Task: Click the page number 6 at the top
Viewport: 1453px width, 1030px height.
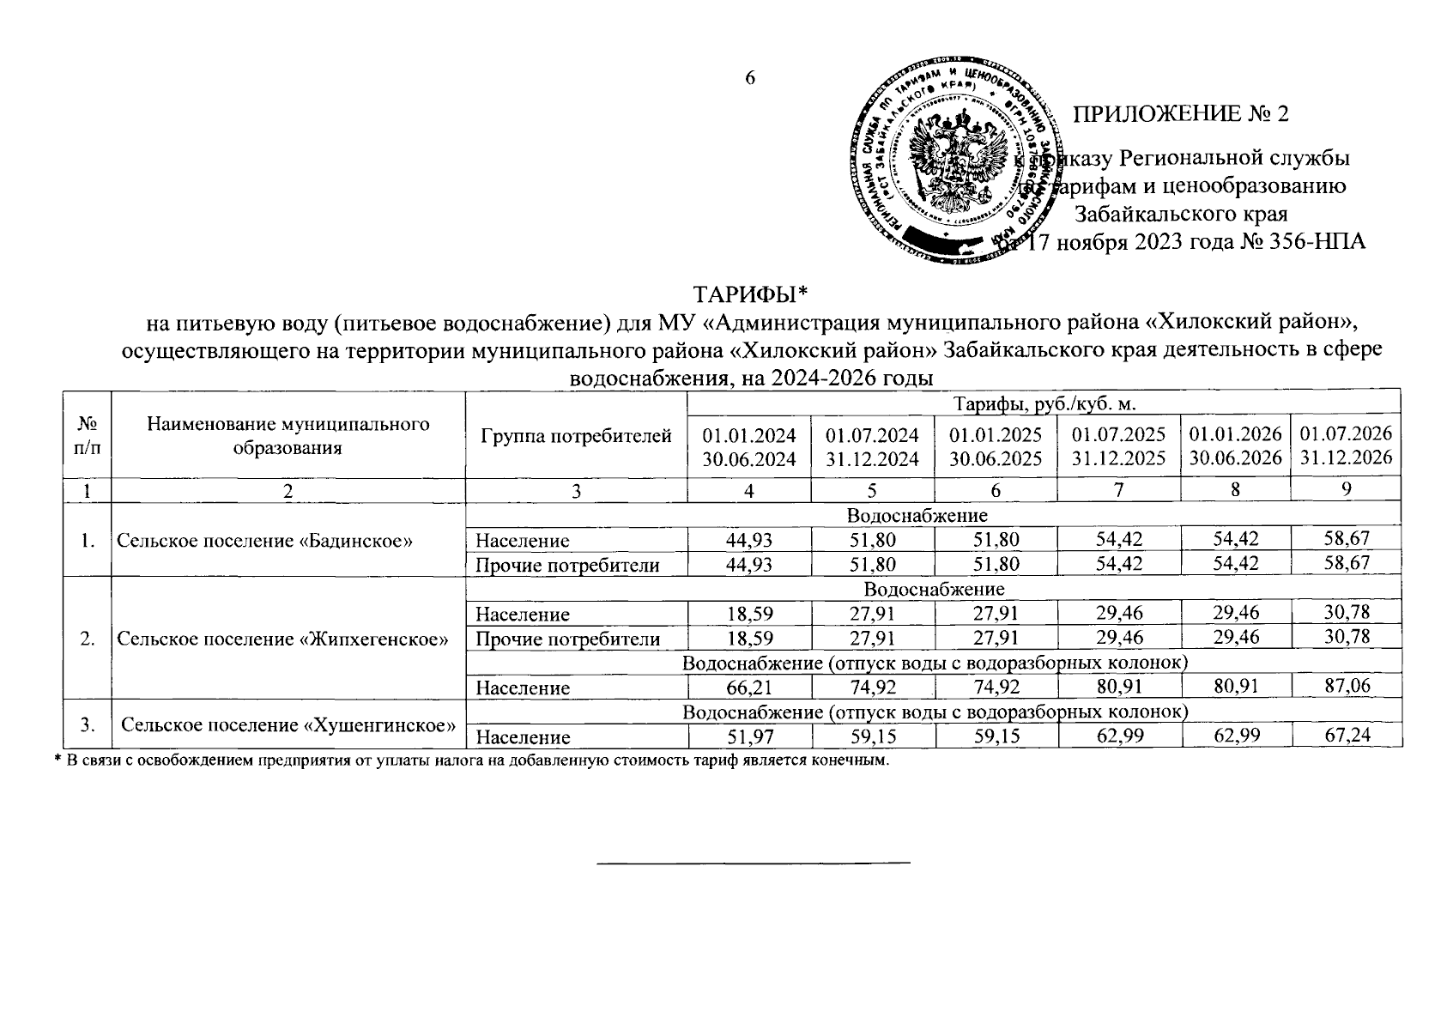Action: [749, 78]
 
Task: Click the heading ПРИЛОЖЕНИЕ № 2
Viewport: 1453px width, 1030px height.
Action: [1182, 114]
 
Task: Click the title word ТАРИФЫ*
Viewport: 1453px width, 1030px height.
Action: [751, 295]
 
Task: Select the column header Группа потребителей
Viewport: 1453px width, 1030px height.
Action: [576, 436]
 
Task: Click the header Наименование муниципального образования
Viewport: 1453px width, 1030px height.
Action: [288, 436]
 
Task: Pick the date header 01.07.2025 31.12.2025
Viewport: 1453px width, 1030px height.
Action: [1118, 446]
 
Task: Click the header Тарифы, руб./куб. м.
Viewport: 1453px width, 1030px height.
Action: [1044, 403]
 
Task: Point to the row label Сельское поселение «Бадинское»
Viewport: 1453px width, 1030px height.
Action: [266, 541]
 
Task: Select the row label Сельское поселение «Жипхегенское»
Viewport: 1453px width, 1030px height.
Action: [283, 639]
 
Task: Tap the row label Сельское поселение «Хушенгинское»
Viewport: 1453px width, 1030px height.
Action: [288, 725]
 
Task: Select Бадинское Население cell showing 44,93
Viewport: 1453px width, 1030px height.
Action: [749, 540]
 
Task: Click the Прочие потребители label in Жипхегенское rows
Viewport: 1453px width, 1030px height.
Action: [568, 639]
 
